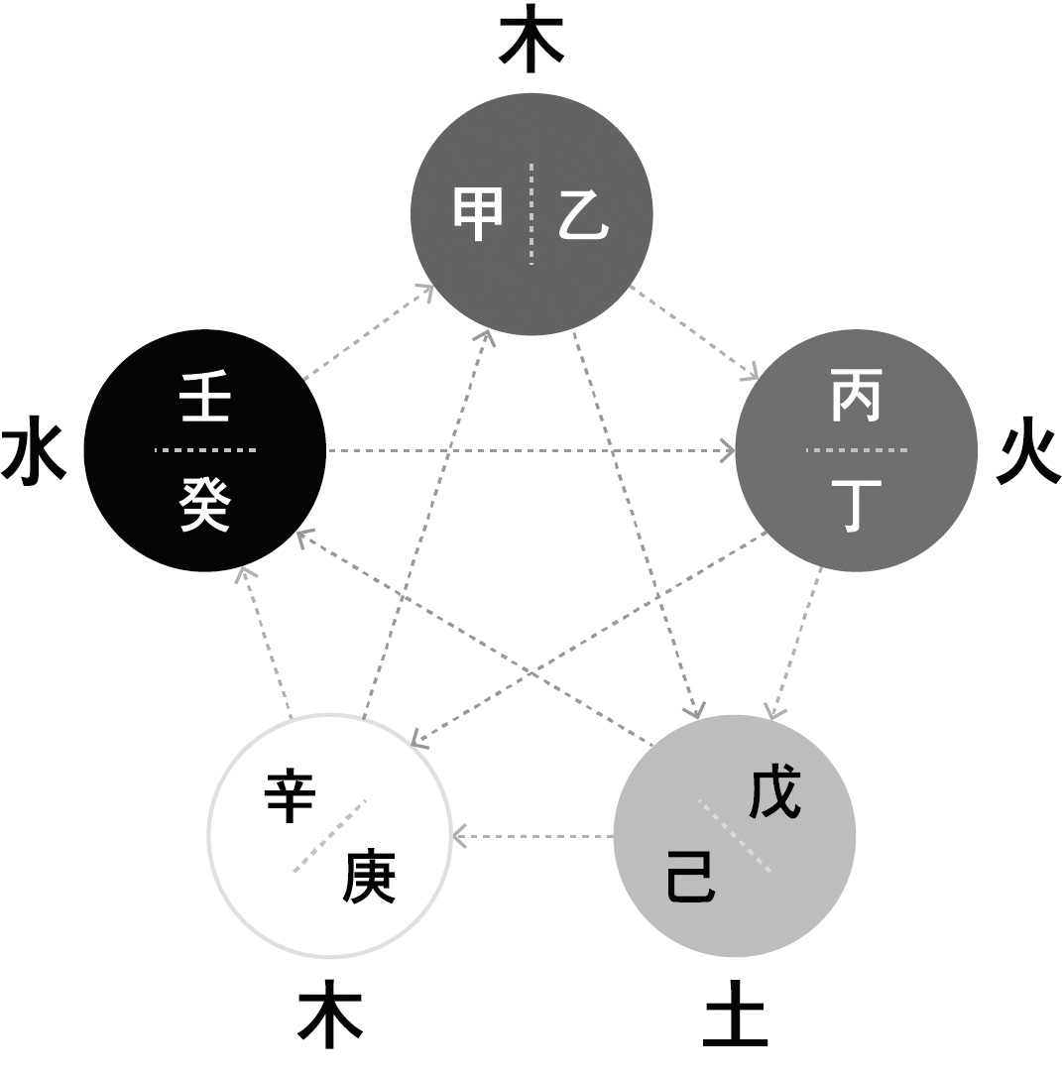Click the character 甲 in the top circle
(478, 215)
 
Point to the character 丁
(856, 506)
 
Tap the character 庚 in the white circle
(370, 877)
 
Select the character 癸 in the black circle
(205, 506)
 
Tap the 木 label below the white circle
(330, 1017)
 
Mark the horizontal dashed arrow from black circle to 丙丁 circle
(531, 451)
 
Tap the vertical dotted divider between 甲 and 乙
(531, 213)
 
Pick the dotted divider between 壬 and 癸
(205, 450)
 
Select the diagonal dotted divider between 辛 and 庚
(330, 836)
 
